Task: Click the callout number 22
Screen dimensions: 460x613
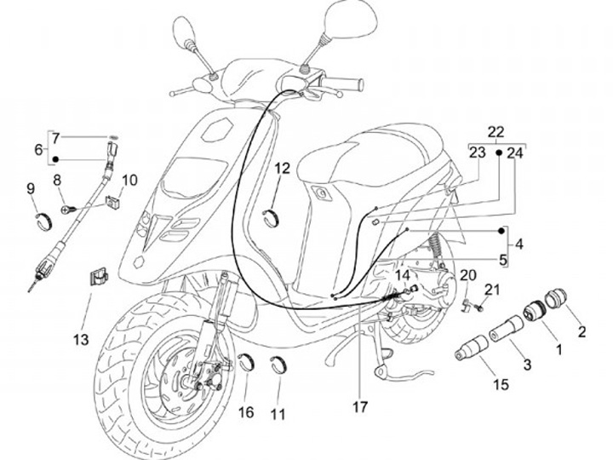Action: [496, 132]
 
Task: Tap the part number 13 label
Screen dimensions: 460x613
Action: [80, 341]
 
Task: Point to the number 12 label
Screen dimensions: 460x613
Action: [283, 169]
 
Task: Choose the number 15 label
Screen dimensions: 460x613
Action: [500, 385]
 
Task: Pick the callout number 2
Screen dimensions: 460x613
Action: [582, 332]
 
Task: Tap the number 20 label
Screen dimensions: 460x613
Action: [467, 274]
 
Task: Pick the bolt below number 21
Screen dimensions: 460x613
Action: [482, 306]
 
